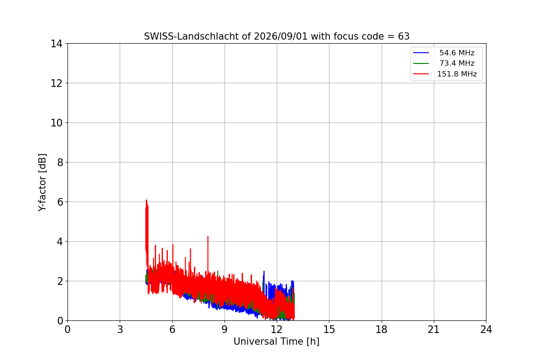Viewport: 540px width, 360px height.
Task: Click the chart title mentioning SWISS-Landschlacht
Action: [277, 36]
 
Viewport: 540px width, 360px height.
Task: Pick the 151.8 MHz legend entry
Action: [445, 74]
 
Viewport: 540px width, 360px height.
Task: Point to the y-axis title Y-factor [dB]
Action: [42, 183]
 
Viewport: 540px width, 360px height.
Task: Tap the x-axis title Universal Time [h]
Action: [276, 342]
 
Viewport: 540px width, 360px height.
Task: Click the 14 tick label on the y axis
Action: [56, 44]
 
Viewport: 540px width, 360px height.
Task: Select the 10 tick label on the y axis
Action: [56, 123]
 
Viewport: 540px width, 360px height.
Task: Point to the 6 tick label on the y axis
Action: [60, 202]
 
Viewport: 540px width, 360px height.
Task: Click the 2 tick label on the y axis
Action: [60, 281]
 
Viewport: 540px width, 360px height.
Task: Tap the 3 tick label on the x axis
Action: [120, 329]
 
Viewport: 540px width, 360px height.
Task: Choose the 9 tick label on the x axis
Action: [225, 329]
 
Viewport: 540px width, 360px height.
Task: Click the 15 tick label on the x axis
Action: [329, 329]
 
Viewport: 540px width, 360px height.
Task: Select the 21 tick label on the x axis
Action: [434, 329]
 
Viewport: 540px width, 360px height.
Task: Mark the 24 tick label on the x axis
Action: [486, 329]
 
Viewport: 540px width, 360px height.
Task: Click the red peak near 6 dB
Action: [146, 200]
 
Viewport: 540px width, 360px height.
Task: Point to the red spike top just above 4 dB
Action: [208, 236]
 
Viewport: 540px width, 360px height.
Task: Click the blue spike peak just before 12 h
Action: [264, 271]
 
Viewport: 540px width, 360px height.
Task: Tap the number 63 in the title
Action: [404, 36]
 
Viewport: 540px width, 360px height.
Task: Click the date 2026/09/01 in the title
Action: [281, 36]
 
